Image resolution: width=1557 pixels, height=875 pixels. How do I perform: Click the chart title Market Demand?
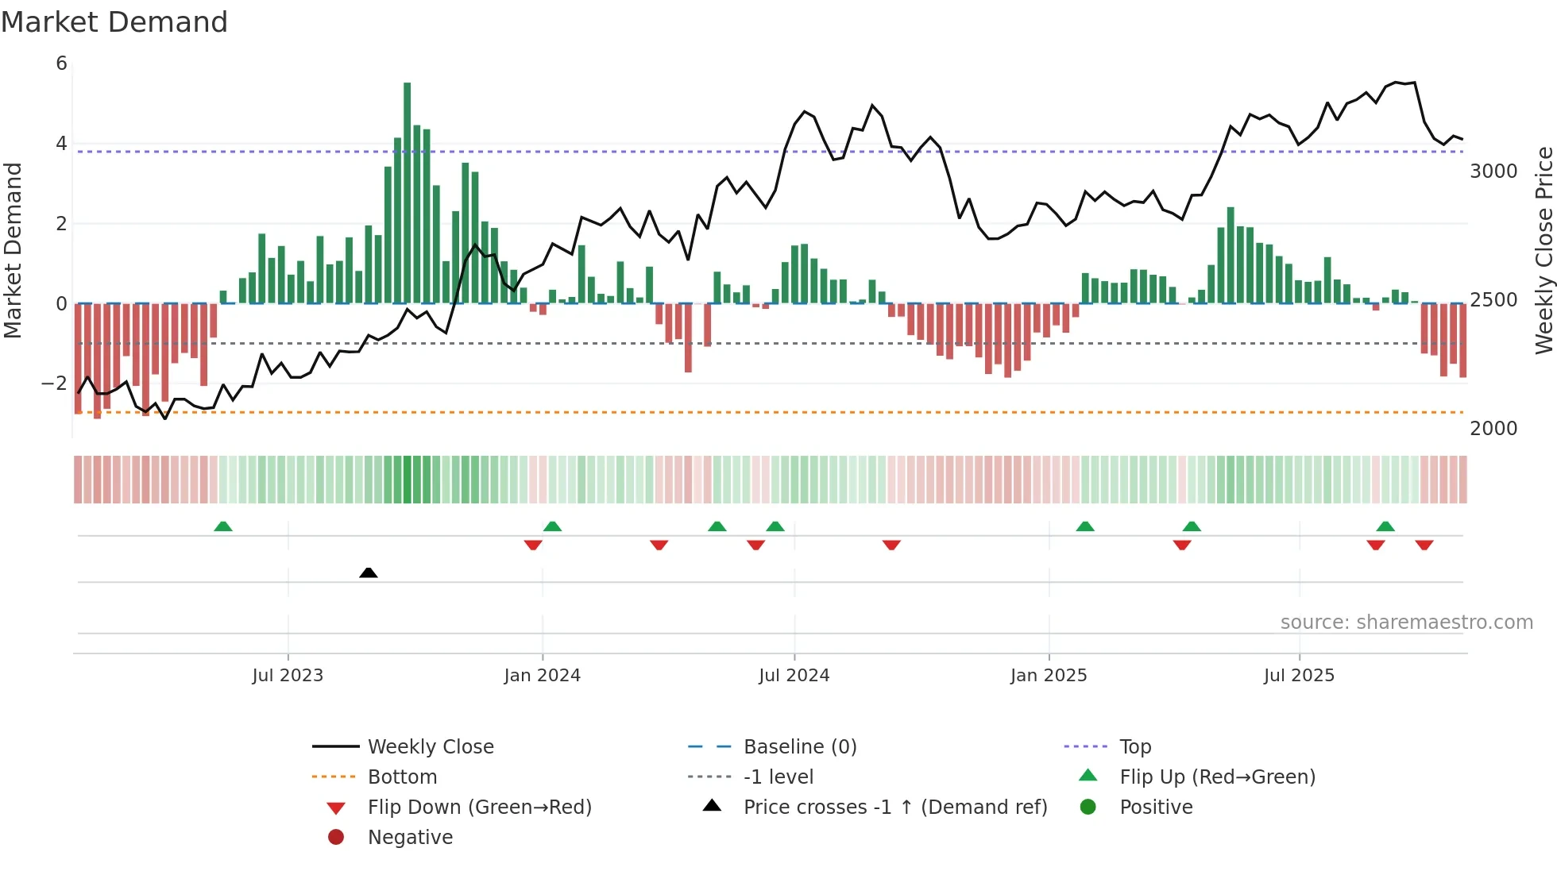coord(114,22)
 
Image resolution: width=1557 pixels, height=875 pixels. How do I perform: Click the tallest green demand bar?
coord(408,191)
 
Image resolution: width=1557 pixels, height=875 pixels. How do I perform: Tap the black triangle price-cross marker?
coord(368,572)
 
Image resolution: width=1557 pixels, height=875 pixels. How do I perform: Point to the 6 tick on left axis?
coord(61,64)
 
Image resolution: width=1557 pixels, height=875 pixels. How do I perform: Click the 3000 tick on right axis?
coord(1493,172)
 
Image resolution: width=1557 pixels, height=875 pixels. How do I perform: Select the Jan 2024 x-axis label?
coord(542,676)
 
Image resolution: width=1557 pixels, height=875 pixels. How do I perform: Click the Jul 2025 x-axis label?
coord(1299,676)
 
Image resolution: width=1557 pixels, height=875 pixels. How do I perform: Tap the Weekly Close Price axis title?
coord(1543,250)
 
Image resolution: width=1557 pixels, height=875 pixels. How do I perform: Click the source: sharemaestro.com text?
coord(1406,623)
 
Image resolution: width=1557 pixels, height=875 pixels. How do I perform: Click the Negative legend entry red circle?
coord(336,838)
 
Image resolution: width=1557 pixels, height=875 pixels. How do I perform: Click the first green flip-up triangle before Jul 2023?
coord(223,526)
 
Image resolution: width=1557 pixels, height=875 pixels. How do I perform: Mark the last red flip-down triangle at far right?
coord(1424,545)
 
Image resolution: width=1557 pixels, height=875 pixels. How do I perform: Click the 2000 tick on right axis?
coord(1493,429)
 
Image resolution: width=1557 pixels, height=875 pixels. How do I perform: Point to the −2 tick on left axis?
coord(55,384)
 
